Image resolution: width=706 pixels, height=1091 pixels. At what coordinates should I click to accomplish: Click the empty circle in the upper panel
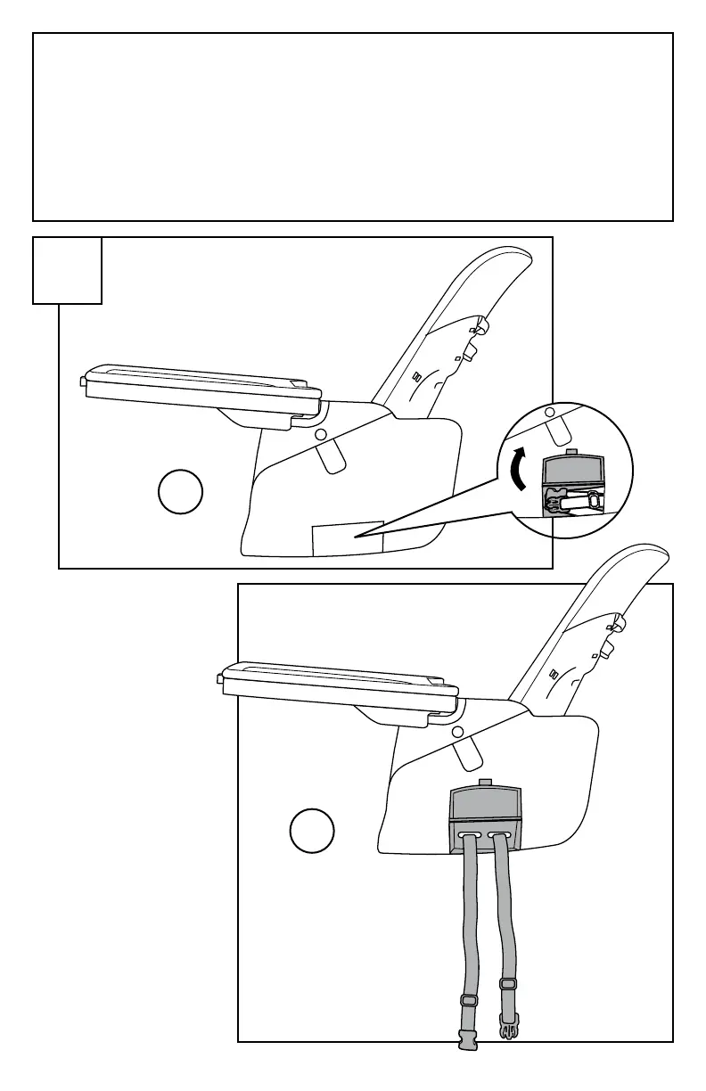tap(181, 493)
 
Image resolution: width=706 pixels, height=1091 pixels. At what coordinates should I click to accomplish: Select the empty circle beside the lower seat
tap(312, 831)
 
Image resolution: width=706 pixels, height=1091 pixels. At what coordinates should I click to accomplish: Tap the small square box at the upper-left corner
tap(68, 270)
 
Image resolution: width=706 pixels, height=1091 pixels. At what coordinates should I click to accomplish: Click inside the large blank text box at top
tap(353, 127)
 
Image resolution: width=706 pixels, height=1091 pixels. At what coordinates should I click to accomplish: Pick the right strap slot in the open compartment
tap(502, 835)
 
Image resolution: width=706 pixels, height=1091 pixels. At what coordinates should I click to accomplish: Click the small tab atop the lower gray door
tap(484, 783)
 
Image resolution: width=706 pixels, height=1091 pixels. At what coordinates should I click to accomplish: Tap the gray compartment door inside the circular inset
tap(574, 469)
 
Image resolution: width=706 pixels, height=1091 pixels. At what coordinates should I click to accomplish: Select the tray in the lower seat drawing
tap(339, 686)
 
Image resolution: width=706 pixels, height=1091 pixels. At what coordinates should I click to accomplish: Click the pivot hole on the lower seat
tap(458, 731)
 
